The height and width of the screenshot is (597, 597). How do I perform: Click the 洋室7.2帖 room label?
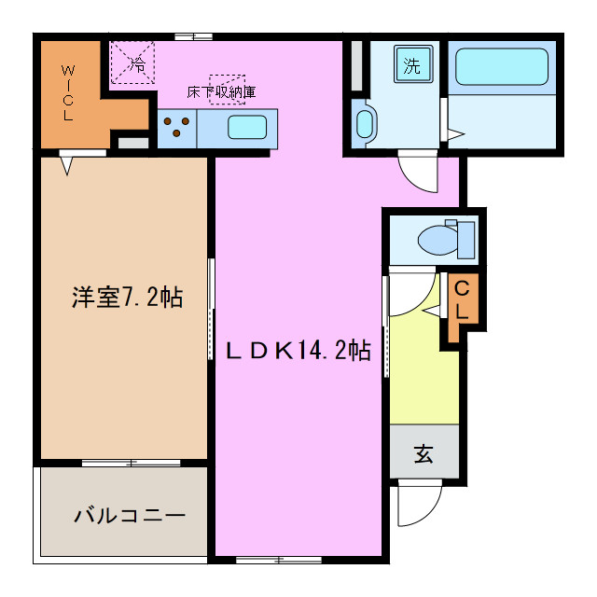point(127,298)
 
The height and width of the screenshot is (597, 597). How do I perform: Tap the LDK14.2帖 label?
point(299,350)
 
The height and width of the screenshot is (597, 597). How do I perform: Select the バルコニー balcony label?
point(130,515)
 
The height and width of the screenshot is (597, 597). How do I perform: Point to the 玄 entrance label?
point(424,454)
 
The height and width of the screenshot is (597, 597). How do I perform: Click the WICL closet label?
point(68,93)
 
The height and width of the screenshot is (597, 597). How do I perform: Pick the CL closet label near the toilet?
point(462,300)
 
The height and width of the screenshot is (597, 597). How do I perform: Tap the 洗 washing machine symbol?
point(411,65)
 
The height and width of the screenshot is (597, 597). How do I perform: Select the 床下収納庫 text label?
point(221,92)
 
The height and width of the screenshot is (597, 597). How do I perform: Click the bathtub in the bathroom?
point(502,67)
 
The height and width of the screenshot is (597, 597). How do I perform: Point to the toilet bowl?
point(436,240)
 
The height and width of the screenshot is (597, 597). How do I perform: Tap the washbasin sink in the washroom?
point(365,123)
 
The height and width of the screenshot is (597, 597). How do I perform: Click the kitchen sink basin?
point(246,127)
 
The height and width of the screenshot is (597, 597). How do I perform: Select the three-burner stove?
point(177,127)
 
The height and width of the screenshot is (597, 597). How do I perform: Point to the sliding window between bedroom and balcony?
point(131,463)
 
